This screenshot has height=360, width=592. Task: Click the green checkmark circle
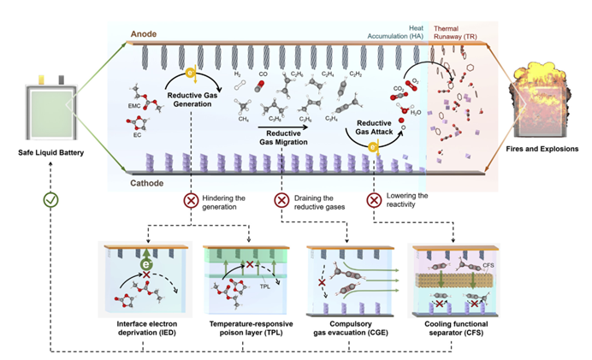50,199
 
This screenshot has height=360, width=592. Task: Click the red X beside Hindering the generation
192,199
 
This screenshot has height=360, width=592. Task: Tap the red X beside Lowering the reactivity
374,199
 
